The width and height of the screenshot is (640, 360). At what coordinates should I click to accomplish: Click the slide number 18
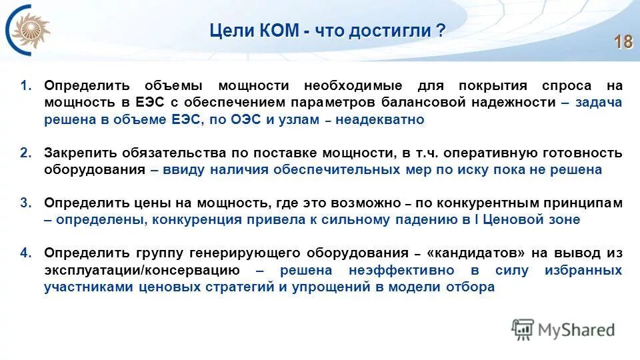[623, 42]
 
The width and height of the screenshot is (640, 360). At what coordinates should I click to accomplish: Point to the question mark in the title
[441, 31]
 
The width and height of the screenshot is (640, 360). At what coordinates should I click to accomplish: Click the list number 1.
[25, 86]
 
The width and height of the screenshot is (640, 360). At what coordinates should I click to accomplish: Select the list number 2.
[25, 153]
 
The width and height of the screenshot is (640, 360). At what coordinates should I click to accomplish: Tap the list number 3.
[25, 203]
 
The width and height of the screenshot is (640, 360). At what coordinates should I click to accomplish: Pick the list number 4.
[25, 253]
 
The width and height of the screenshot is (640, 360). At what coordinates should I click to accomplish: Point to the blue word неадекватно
[379, 120]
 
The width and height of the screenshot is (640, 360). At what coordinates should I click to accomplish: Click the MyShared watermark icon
[522, 329]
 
